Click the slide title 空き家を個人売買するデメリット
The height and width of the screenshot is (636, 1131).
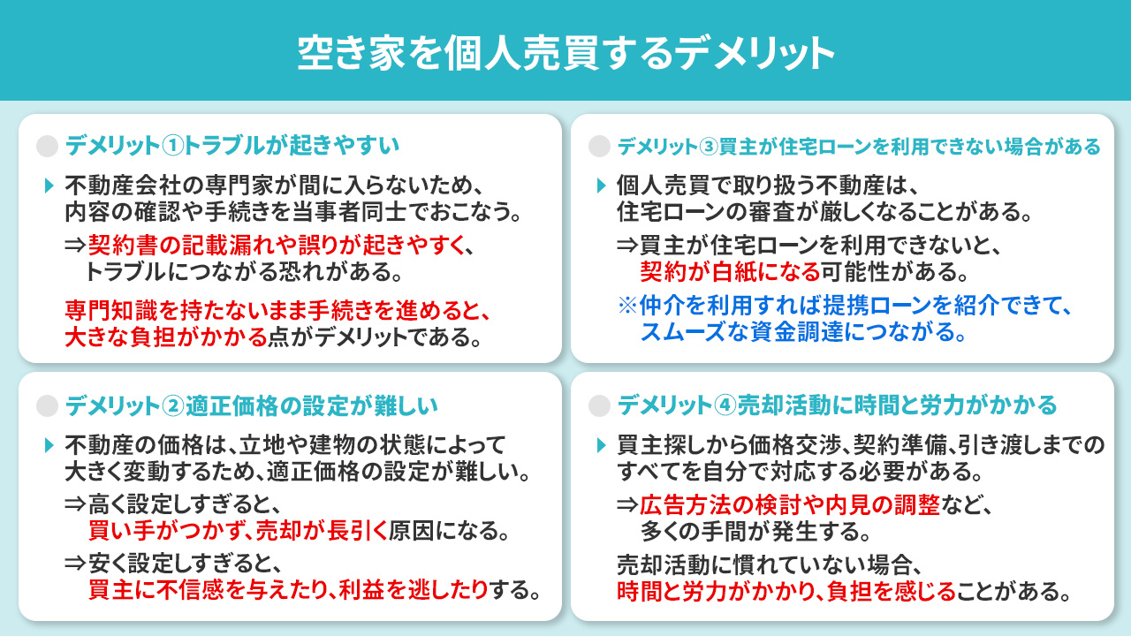[565, 52]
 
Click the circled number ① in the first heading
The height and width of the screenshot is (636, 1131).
[174, 145]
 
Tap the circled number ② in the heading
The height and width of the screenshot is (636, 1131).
[174, 405]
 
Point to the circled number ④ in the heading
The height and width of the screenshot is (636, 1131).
[725, 405]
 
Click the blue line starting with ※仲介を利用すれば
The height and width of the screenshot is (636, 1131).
[844, 307]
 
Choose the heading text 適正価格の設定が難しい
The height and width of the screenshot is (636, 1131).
[314, 405]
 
